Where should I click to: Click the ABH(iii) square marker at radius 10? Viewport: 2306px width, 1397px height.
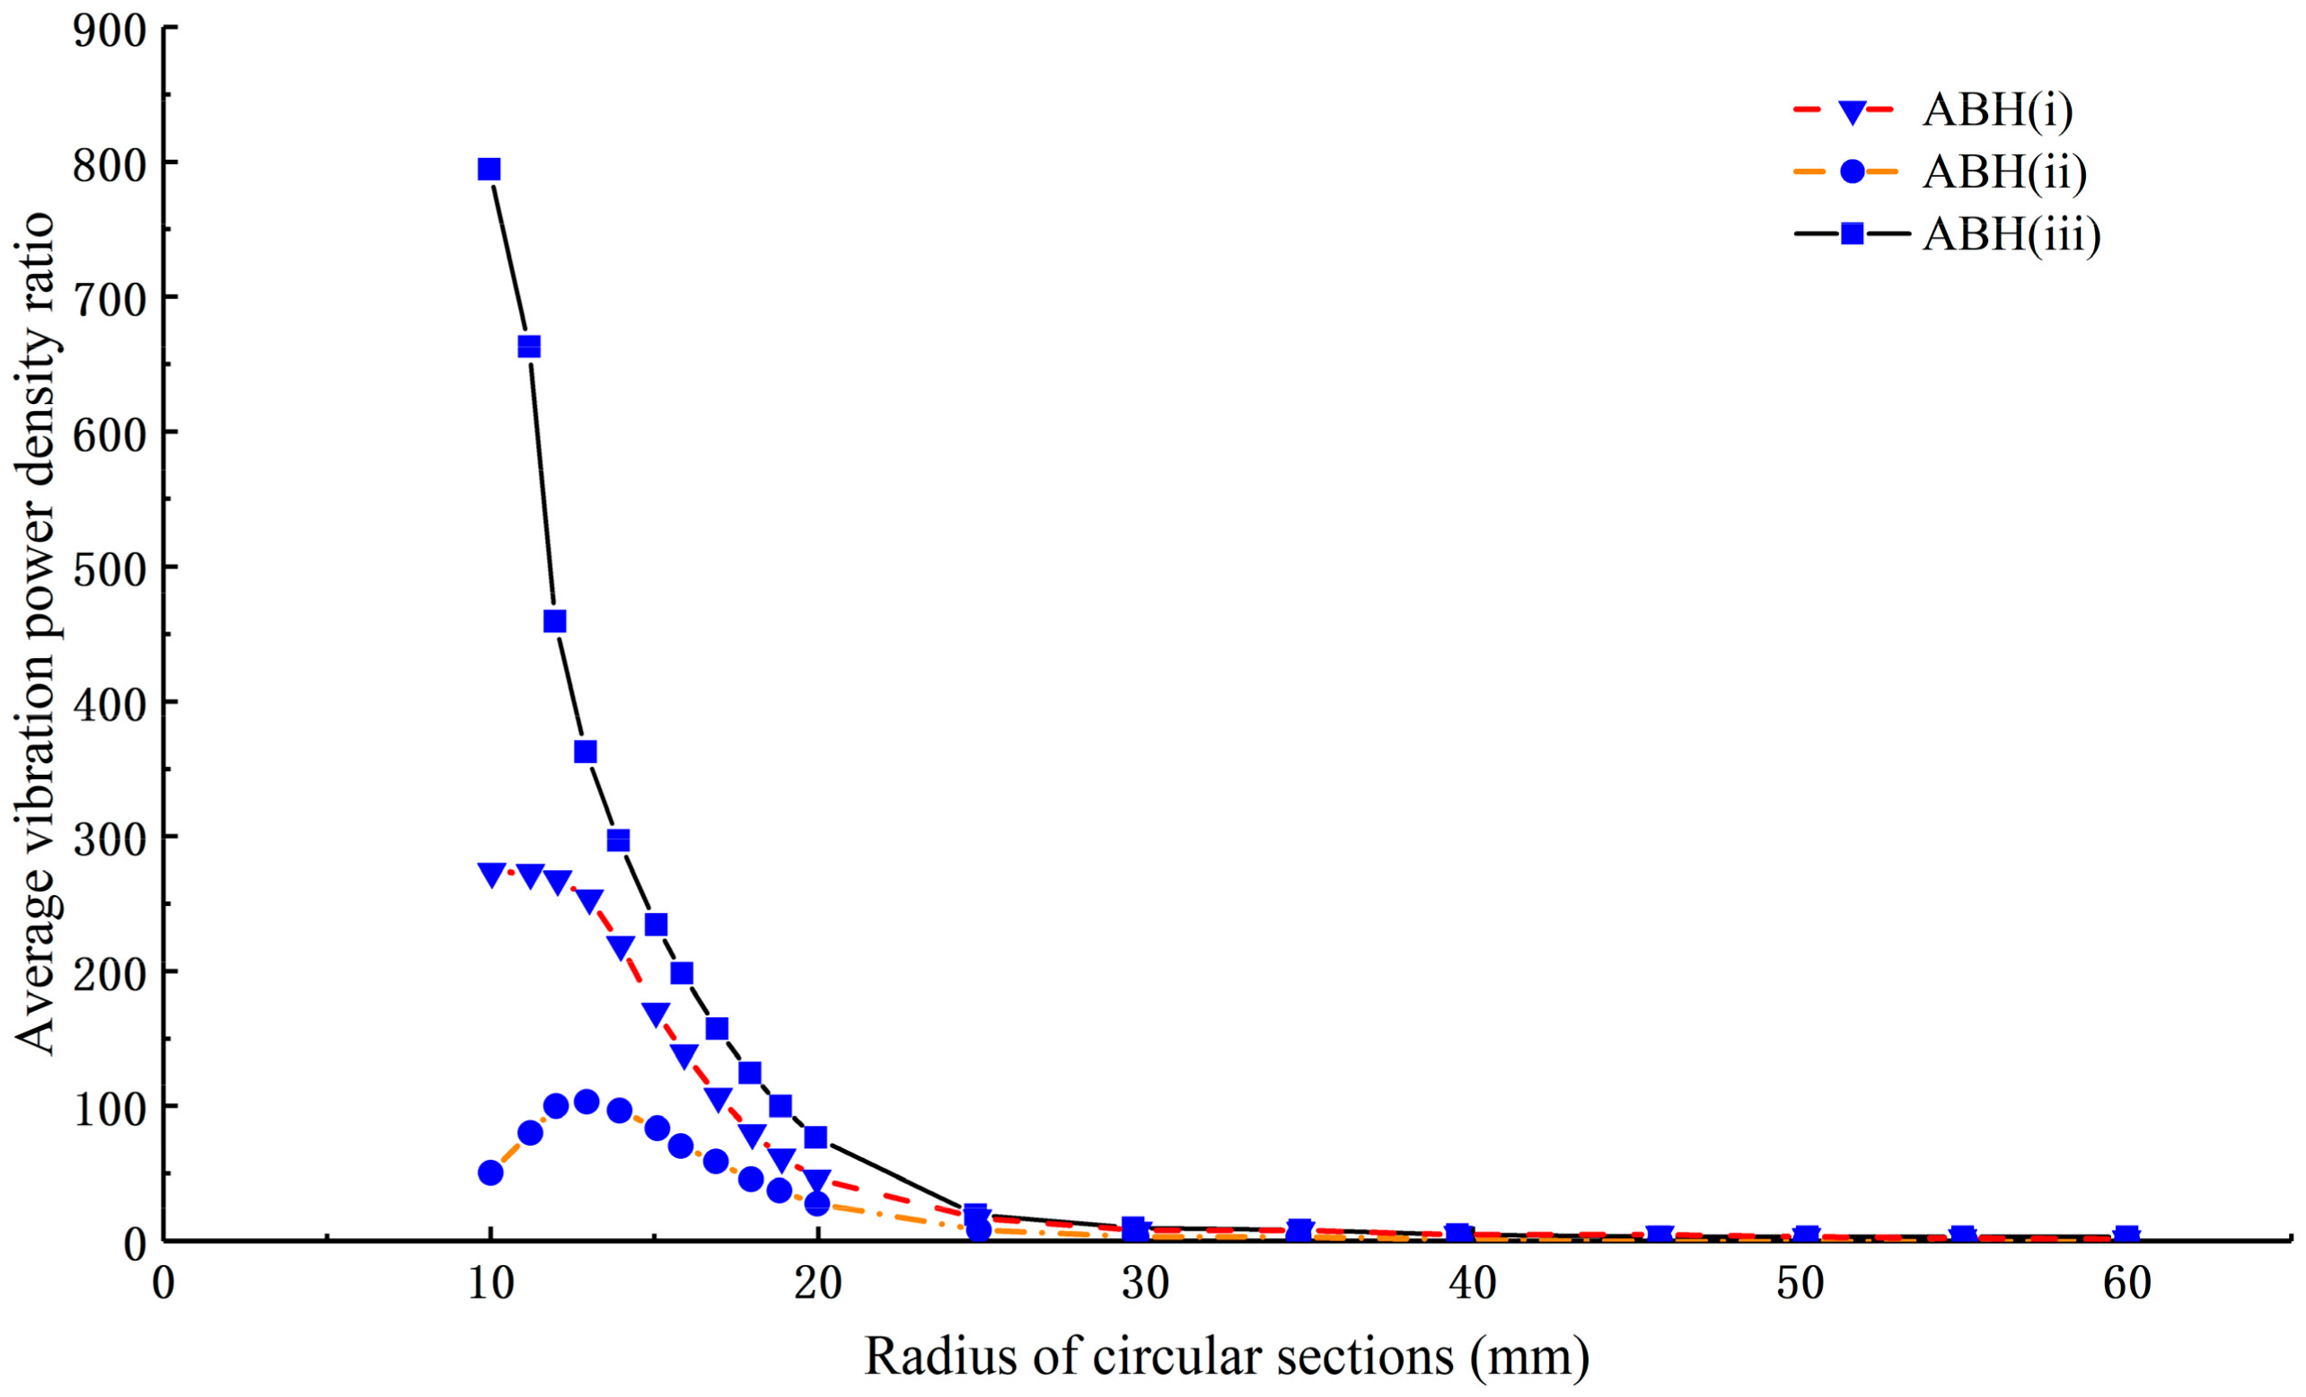click(x=488, y=170)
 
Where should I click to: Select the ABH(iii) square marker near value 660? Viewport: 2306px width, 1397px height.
click(x=529, y=347)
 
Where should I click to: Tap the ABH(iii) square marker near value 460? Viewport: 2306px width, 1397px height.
click(x=554, y=621)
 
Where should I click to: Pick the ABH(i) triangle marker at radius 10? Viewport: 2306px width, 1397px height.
click(x=491, y=874)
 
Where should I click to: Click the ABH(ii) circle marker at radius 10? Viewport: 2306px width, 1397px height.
click(x=490, y=1173)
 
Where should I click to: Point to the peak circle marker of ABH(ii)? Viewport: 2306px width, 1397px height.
click(x=586, y=1102)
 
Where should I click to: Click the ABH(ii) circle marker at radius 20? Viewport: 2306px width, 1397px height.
click(x=817, y=1203)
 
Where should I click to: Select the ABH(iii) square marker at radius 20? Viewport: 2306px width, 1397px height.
click(x=815, y=1137)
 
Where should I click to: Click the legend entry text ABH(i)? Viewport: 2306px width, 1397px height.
click(x=1996, y=110)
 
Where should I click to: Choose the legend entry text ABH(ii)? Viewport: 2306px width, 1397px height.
click(x=2003, y=173)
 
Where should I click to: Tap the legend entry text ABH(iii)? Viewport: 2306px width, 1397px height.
click(x=2011, y=235)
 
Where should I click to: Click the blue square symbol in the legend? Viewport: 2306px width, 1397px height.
click(x=1851, y=235)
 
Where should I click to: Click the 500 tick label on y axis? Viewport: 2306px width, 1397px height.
click(x=110, y=568)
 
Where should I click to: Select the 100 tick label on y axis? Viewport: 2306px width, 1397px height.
click(x=110, y=1107)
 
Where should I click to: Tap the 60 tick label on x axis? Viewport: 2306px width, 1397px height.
click(x=2126, y=1285)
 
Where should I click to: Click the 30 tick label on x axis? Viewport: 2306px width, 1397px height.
click(x=1146, y=1285)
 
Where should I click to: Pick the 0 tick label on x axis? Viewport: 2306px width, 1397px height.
click(x=163, y=1285)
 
